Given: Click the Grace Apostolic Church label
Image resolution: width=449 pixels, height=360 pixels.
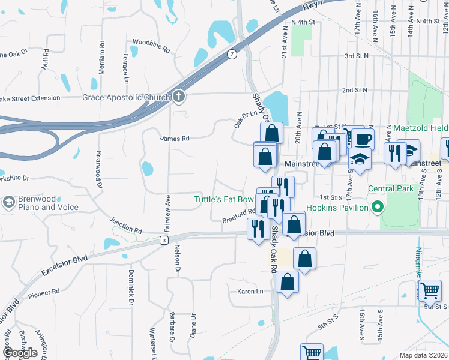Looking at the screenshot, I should (127, 97).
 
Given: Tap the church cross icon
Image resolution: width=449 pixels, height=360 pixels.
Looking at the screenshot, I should (179, 97).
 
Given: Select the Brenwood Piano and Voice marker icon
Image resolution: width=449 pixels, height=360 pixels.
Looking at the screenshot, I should (9, 202).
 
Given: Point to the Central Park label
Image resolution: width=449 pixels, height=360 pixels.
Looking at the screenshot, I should (391, 188).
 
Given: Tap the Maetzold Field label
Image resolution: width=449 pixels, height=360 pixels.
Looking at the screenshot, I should (421, 128).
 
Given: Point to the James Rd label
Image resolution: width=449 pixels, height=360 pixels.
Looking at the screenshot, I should (175, 138).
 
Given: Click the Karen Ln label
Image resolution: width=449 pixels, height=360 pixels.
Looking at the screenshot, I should (250, 292).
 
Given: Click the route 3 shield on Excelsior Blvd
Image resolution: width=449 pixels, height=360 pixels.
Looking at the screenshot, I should (163, 241).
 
